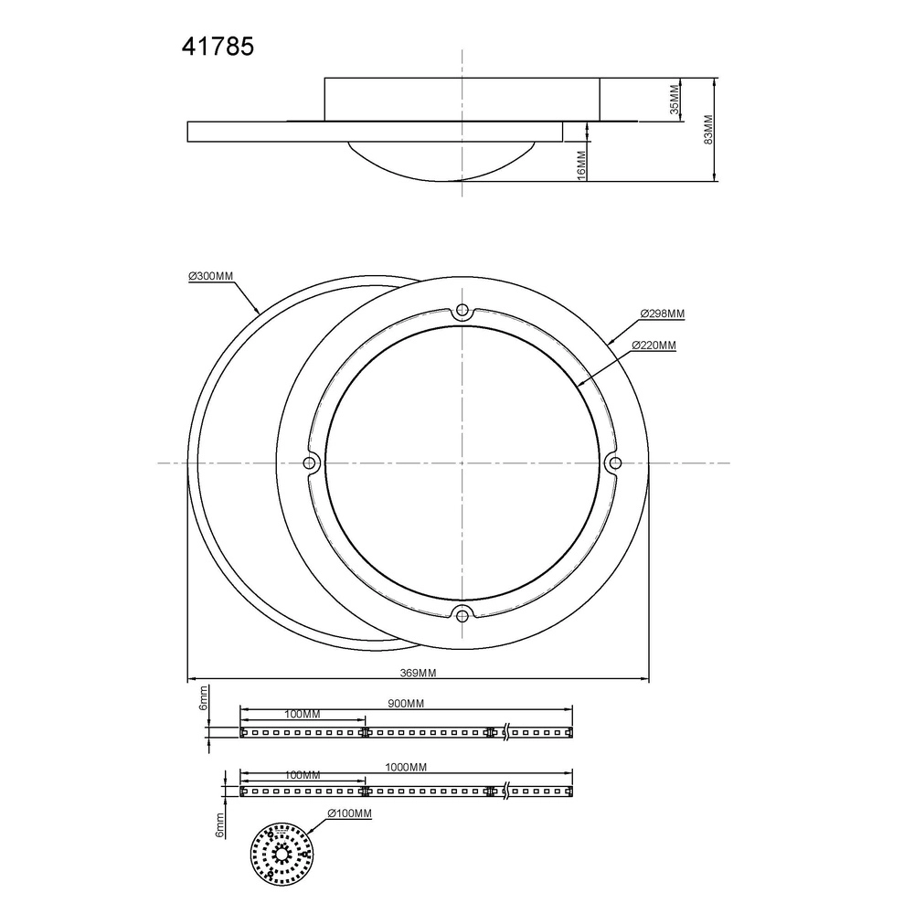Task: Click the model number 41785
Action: [x=218, y=47]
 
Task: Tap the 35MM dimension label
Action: [x=675, y=100]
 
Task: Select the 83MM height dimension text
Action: [x=708, y=130]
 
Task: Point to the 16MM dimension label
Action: [x=581, y=165]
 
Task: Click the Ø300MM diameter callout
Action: [x=210, y=276]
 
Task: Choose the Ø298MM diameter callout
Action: [x=662, y=314]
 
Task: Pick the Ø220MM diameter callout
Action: [x=654, y=345]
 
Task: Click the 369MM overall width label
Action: [x=418, y=673]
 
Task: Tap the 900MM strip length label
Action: [x=406, y=704]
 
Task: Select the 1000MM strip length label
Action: [x=406, y=767]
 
